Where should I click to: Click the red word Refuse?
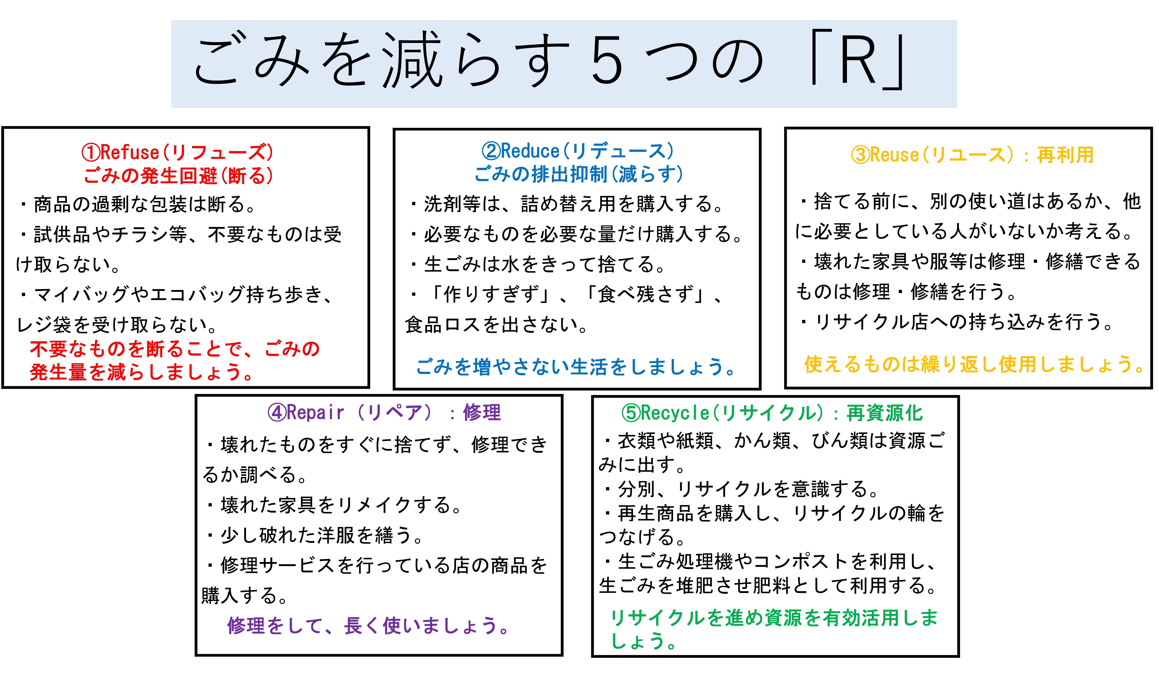coord(130,152)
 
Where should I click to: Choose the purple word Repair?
coord(316,413)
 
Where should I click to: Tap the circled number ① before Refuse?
coord(91,152)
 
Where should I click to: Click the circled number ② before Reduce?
coord(491,151)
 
